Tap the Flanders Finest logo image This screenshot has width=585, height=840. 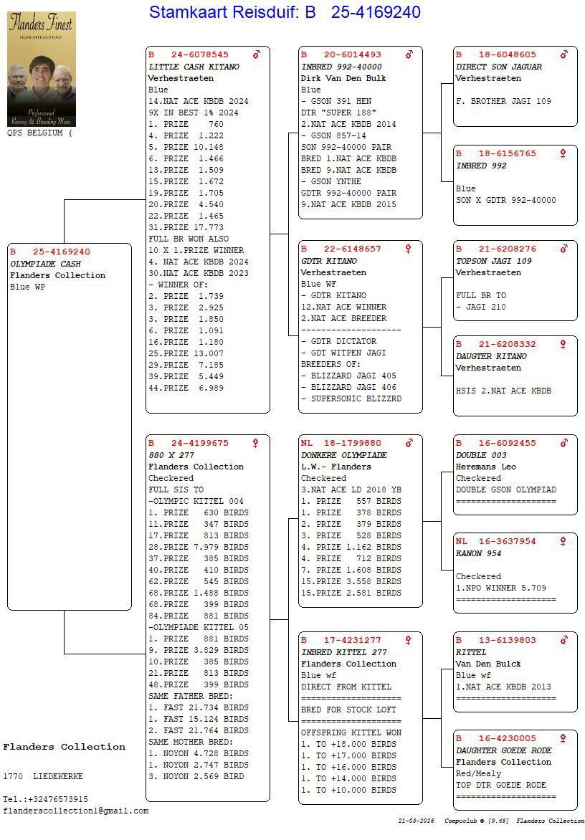point(41,69)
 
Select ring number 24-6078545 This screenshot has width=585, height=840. point(199,54)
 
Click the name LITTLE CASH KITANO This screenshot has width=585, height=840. point(194,67)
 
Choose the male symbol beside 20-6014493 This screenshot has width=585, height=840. point(409,54)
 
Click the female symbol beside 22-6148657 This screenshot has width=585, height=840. point(409,249)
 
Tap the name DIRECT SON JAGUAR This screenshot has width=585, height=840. point(499,67)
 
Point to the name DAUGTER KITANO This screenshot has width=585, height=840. point(491,356)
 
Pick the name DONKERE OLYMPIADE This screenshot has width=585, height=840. point(343,455)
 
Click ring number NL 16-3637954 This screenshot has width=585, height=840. point(495,541)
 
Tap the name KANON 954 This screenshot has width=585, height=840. point(478,553)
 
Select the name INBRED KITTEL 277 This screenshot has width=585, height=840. point(343,652)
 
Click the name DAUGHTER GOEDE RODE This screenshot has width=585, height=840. point(503,750)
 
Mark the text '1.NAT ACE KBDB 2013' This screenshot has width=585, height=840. point(503,687)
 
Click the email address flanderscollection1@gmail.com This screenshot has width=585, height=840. point(76,811)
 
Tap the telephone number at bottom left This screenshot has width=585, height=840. point(45,799)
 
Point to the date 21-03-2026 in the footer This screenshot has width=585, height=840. point(417,821)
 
